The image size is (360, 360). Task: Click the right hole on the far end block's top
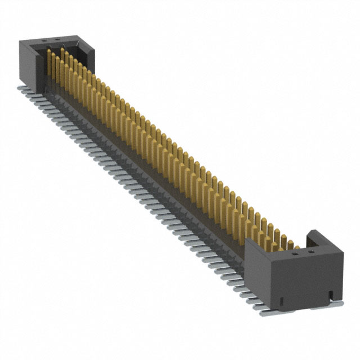click(56, 40)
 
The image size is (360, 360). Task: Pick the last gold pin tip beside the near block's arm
click(296, 246)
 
